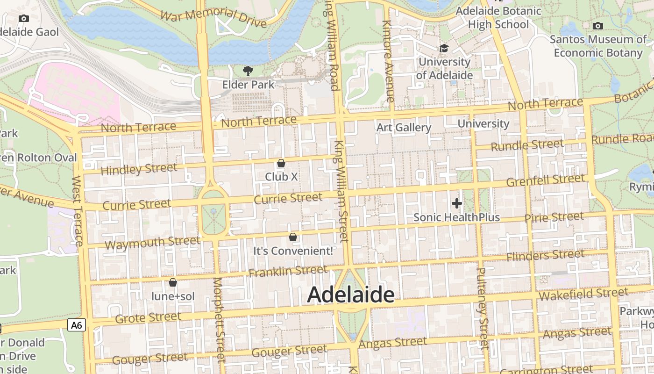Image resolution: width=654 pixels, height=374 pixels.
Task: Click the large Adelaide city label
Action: click(x=351, y=295)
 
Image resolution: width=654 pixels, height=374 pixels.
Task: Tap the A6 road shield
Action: click(x=77, y=325)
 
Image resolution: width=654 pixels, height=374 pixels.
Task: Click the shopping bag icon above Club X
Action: click(x=281, y=163)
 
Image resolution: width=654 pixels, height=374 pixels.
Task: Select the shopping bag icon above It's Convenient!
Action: click(x=293, y=237)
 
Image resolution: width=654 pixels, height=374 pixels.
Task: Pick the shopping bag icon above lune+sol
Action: click(x=173, y=282)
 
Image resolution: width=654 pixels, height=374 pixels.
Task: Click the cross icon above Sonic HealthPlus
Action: click(x=457, y=203)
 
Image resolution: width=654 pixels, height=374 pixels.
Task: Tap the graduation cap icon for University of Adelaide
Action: click(x=444, y=48)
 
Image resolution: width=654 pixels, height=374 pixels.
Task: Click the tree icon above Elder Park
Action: click(x=248, y=71)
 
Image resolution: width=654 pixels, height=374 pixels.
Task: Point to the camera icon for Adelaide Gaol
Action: click(x=24, y=19)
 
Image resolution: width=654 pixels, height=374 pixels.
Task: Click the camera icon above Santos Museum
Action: click(x=597, y=26)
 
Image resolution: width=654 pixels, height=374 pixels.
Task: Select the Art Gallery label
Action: click(x=404, y=128)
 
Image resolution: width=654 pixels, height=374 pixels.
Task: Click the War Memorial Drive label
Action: click(x=213, y=17)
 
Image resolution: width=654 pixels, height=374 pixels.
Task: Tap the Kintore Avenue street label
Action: click(x=388, y=61)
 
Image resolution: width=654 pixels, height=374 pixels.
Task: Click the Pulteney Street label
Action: click(x=483, y=309)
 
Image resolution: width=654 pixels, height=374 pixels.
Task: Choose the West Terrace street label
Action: click(x=78, y=210)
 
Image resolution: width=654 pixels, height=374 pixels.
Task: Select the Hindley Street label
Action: click(x=139, y=169)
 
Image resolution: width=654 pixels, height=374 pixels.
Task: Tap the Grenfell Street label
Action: click(x=545, y=180)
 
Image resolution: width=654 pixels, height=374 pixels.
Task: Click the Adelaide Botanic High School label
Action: click(x=498, y=17)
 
